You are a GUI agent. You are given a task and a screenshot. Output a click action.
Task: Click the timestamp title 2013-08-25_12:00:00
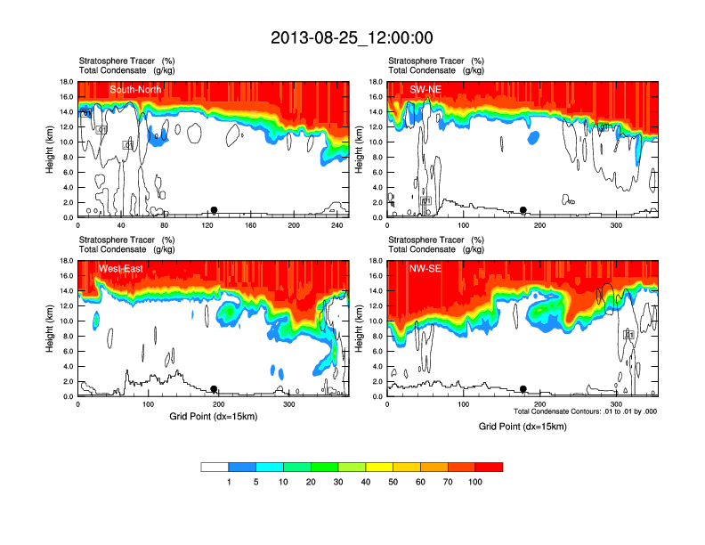(x=352, y=37)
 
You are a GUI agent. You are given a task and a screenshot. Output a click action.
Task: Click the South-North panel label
(x=136, y=89)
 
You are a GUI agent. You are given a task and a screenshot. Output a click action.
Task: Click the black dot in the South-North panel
(x=214, y=210)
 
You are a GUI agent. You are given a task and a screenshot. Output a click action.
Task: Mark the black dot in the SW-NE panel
(x=523, y=210)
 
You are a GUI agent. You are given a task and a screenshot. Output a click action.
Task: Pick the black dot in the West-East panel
(x=214, y=389)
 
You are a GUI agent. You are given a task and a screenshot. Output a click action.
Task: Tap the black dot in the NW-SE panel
(x=523, y=389)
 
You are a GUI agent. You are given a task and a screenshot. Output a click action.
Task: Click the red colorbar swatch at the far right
(x=489, y=467)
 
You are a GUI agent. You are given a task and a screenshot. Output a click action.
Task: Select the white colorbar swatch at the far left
(x=215, y=467)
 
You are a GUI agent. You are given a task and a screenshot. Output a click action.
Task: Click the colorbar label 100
(x=474, y=482)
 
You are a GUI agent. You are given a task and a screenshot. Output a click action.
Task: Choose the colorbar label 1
(x=229, y=482)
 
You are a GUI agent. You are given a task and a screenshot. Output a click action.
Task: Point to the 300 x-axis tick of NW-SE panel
(x=616, y=404)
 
